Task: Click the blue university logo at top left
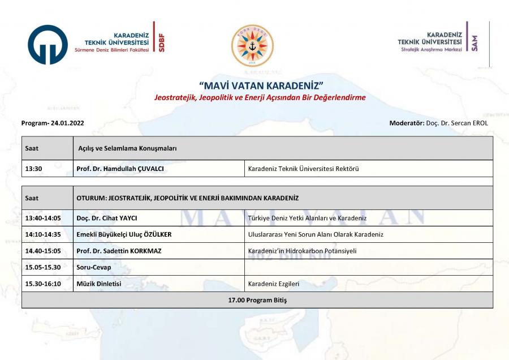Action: click(x=48, y=45)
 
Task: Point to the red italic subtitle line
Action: click(x=260, y=97)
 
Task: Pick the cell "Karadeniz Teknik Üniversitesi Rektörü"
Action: click(x=304, y=169)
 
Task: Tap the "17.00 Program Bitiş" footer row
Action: click(x=257, y=300)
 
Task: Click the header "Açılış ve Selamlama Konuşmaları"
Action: click(x=128, y=148)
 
